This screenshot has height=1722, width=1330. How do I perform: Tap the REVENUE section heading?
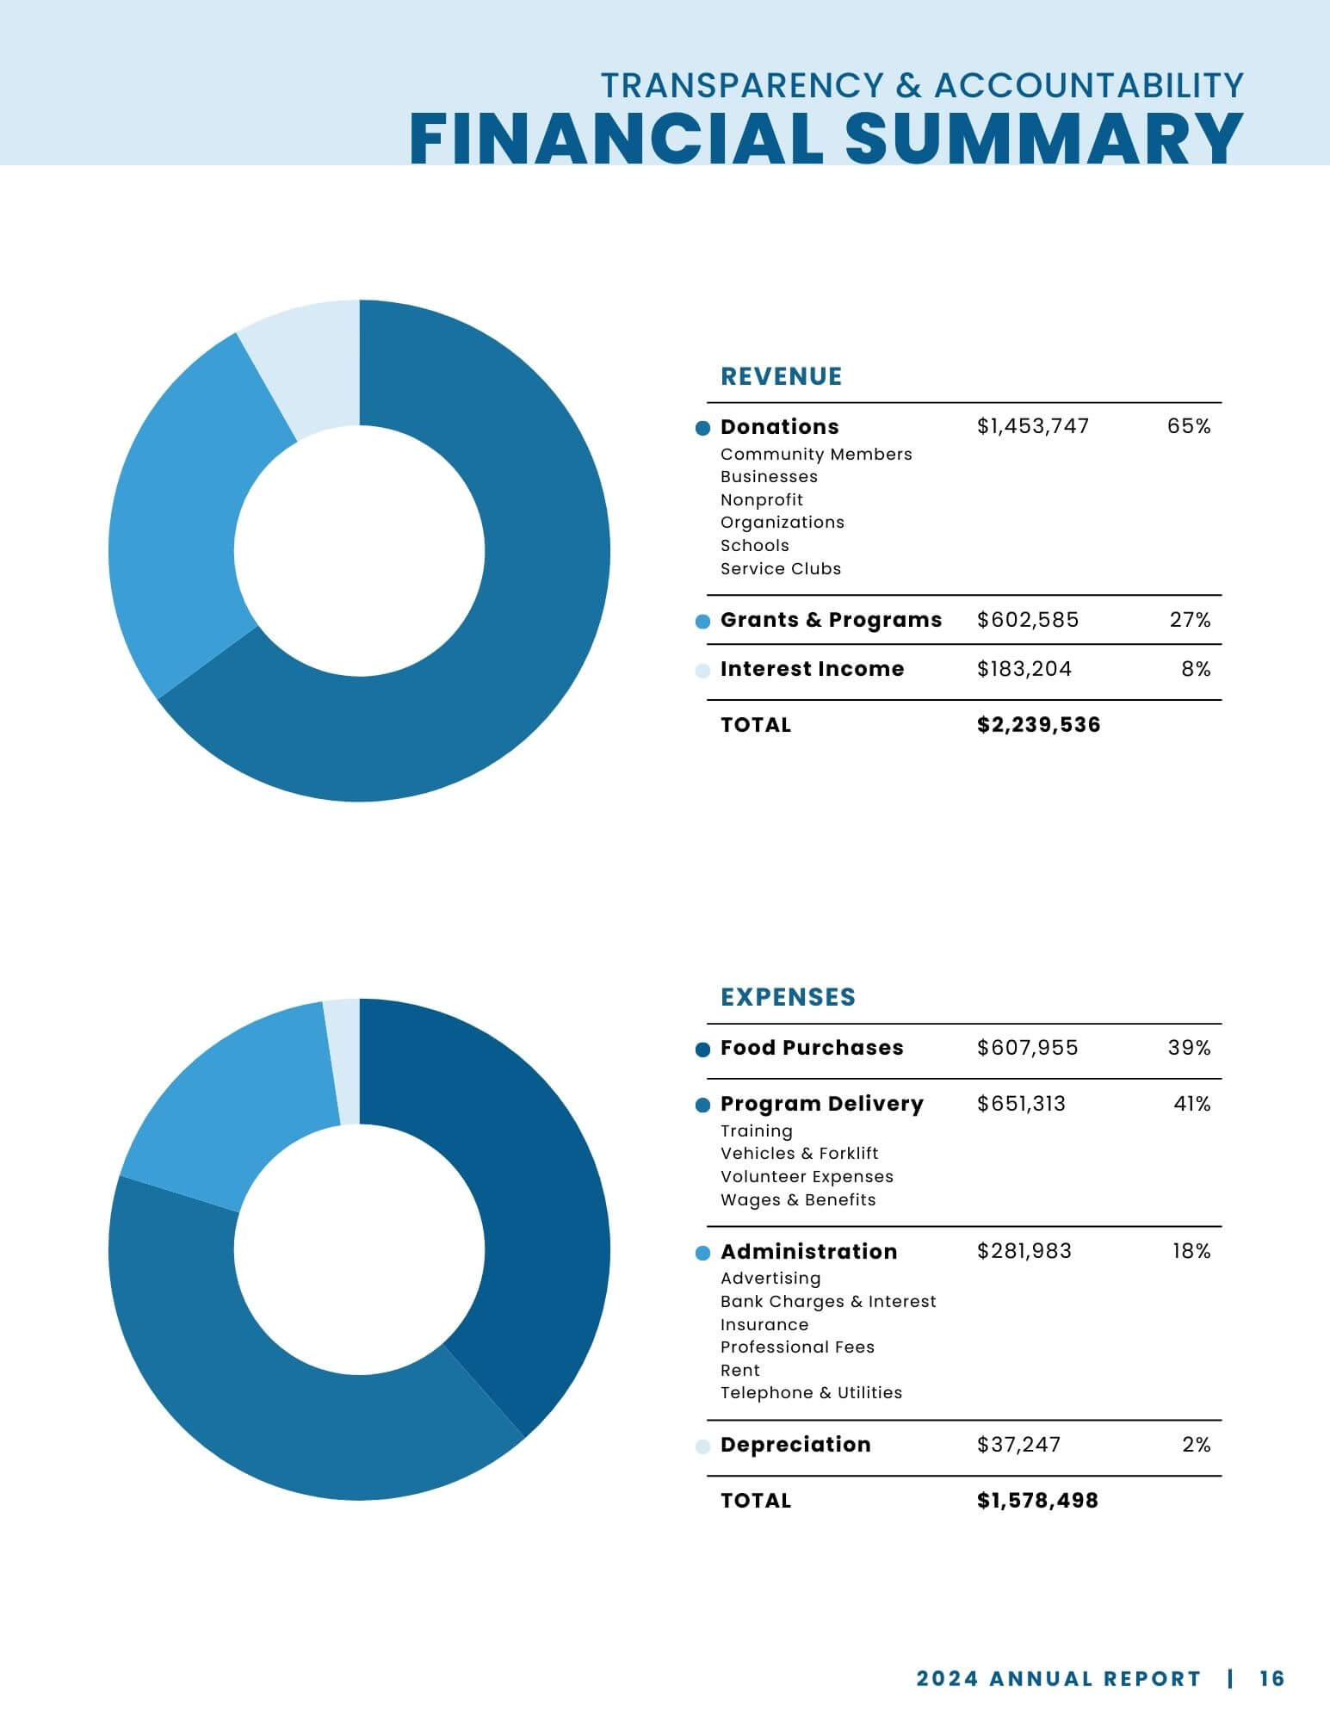(x=781, y=376)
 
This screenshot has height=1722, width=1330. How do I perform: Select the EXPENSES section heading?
(x=788, y=997)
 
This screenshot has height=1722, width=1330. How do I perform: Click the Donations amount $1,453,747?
(x=1033, y=426)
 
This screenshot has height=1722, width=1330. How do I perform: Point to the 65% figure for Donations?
(x=1189, y=426)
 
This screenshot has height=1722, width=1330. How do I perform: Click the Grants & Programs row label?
(x=831, y=620)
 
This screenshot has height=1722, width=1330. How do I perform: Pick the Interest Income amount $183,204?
(x=1024, y=669)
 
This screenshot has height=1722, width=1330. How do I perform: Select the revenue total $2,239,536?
(x=1038, y=725)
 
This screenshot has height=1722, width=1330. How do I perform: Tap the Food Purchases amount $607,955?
(x=1027, y=1048)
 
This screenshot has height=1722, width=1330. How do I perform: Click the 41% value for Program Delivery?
(x=1191, y=1104)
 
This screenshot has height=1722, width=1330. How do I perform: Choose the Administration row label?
(x=808, y=1252)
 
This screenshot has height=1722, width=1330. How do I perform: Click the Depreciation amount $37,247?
(x=1018, y=1445)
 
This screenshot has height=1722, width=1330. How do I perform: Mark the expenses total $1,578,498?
(x=1037, y=1501)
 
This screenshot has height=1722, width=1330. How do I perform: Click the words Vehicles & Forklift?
(x=799, y=1154)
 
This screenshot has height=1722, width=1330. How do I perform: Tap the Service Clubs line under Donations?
(x=781, y=569)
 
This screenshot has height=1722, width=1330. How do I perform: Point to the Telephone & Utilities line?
(x=811, y=1393)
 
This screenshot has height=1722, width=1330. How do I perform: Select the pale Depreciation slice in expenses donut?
(x=343, y=1062)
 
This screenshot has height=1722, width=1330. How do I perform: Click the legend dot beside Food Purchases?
(x=702, y=1050)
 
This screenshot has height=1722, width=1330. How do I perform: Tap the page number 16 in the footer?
(x=1271, y=1678)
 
